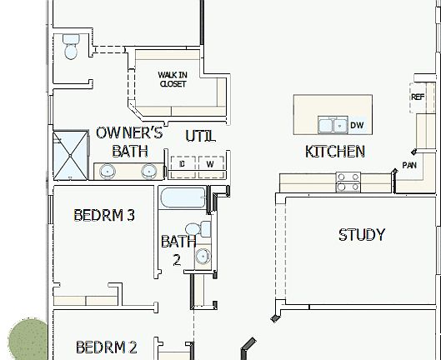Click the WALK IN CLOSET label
click(172, 79)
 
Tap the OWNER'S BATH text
click(129, 142)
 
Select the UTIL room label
click(200, 135)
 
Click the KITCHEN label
click(334, 152)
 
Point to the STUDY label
click(361, 235)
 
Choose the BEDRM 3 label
click(104, 215)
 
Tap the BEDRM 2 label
click(106, 347)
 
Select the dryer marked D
click(183, 164)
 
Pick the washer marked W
click(210, 164)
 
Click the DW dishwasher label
click(357, 126)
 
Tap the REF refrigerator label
click(418, 97)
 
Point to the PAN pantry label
click(409, 165)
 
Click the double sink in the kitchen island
click(333, 126)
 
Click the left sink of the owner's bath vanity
click(108, 172)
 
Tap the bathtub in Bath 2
click(182, 200)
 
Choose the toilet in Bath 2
click(193, 229)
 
